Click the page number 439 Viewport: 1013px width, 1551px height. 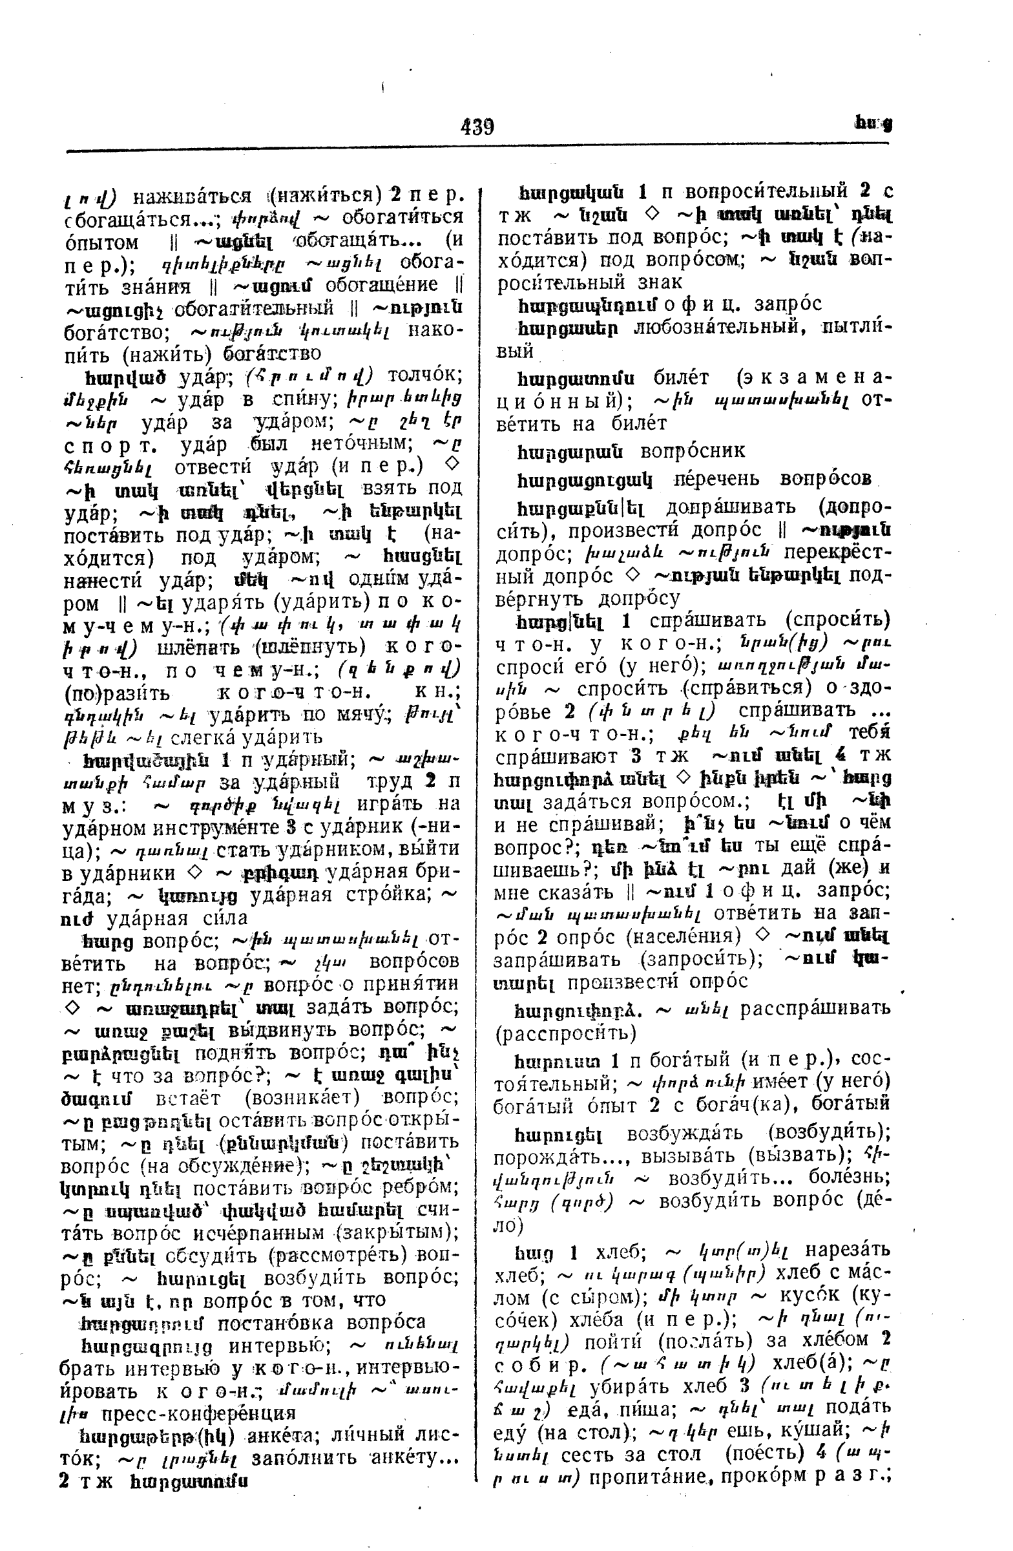pyautogui.click(x=477, y=126)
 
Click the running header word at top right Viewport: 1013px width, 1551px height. pyautogui.click(x=872, y=125)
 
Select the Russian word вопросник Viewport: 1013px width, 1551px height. pyautogui.click(x=693, y=451)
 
